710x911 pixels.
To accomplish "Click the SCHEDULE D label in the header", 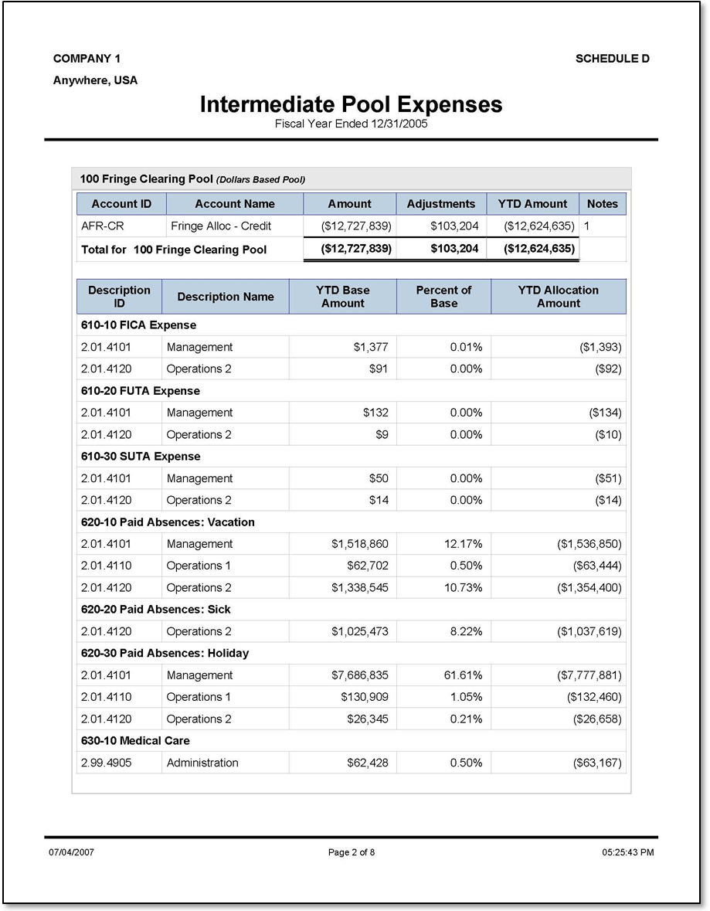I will (612, 59).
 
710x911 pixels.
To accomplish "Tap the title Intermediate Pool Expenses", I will (351, 104).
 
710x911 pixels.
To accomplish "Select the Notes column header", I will (602, 204).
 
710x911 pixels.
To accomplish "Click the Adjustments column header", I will (440, 204).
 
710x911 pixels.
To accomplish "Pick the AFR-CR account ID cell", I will (103, 226).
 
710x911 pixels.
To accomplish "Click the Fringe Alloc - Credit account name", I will (221, 226).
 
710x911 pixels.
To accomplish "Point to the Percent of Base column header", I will (443, 297).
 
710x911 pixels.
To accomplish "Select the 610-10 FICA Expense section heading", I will (138, 325).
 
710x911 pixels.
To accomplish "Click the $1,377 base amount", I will (371, 348).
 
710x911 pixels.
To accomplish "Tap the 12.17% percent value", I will (464, 544).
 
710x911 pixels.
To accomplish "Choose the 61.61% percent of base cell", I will (464, 675).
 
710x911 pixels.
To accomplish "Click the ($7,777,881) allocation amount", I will (589, 675).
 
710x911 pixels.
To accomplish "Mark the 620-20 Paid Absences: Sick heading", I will (155, 610).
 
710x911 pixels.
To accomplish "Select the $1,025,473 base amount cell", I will (360, 631).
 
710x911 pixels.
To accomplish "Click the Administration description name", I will (202, 763).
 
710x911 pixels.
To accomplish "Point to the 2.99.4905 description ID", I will (106, 763).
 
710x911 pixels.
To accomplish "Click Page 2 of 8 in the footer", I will (352, 852).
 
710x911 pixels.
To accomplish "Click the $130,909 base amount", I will (365, 697).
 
